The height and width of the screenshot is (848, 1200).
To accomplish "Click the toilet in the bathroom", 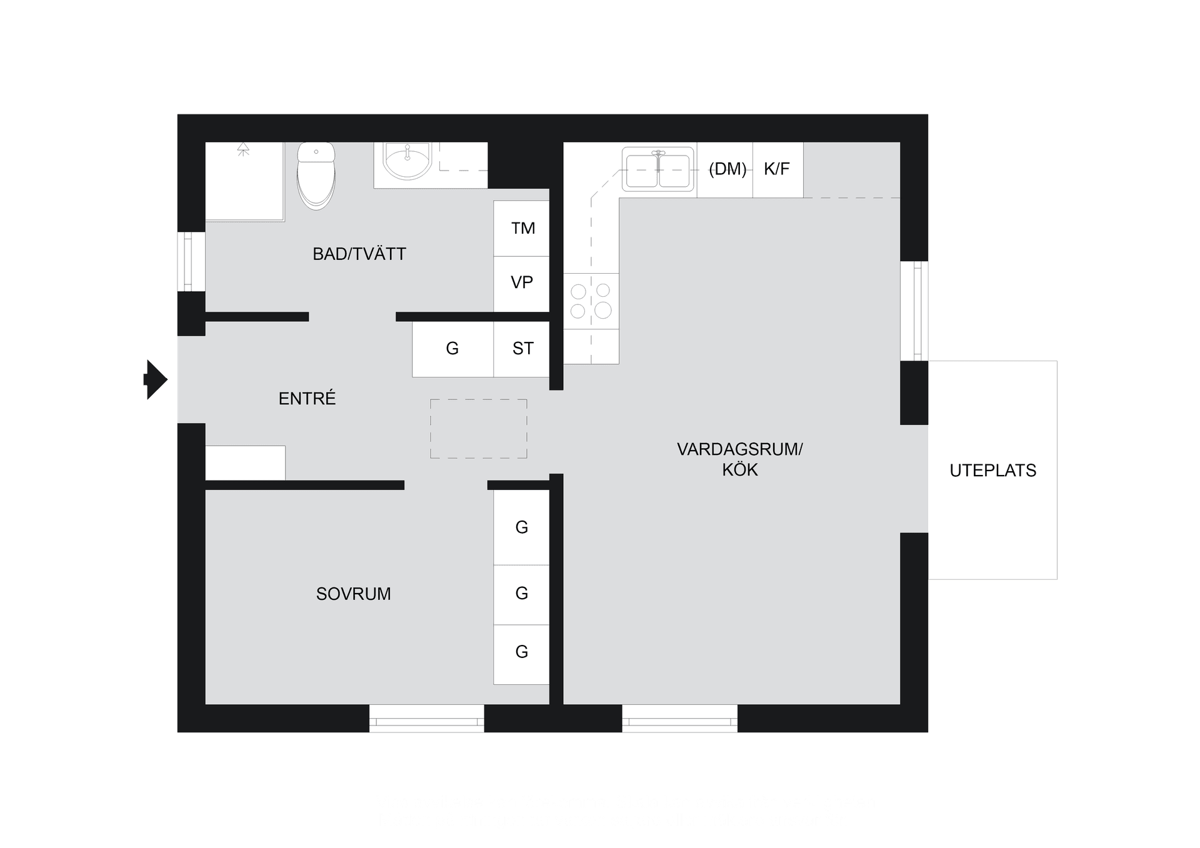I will [x=316, y=176].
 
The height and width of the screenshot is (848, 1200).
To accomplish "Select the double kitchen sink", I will [x=658, y=169].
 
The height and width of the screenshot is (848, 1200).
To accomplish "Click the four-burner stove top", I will [x=591, y=301].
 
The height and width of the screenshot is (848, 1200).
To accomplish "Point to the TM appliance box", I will [x=522, y=228].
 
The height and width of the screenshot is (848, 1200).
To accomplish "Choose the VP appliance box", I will [x=522, y=282].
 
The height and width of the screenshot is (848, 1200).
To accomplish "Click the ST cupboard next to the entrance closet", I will [x=522, y=349].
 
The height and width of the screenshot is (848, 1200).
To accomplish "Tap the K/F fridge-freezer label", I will [x=777, y=169].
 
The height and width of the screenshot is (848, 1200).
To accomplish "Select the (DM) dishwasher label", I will [x=727, y=169].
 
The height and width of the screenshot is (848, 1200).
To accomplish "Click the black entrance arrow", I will [x=156, y=379].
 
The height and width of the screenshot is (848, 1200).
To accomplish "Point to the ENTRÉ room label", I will [x=307, y=399].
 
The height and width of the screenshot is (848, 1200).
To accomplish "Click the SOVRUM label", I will [x=353, y=594].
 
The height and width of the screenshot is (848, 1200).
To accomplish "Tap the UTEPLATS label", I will [x=992, y=471].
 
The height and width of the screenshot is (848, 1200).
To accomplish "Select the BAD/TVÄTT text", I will [x=359, y=254].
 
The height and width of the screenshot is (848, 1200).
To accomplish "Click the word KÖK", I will [x=740, y=470].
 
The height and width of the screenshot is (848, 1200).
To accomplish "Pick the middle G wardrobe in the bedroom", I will [x=522, y=594].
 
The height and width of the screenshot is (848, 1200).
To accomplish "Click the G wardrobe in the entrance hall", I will [x=452, y=349].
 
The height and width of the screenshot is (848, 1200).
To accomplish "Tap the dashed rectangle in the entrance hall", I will [x=479, y=429].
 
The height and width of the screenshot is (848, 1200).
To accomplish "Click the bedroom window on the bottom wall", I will [x=427, y=718].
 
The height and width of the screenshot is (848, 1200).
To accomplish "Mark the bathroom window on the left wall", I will [x=191, y=262].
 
